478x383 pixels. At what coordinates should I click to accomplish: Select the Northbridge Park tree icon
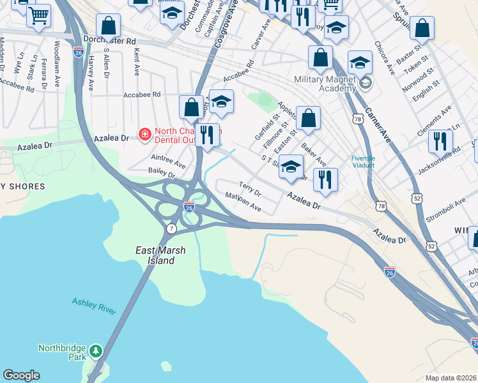click(x=96, y=350)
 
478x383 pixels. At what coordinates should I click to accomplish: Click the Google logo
click(x=21, y=375)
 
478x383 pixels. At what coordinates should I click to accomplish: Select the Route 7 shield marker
click(x=171, y=228)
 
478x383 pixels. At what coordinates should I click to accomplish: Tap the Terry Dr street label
click(x=250, y=188)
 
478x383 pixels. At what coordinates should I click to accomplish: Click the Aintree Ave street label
click(x=168, y=160)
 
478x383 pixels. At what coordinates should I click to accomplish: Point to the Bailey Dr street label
click(x=161, y=172)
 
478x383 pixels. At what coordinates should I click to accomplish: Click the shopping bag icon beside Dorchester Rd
click(x=109, y=26)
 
